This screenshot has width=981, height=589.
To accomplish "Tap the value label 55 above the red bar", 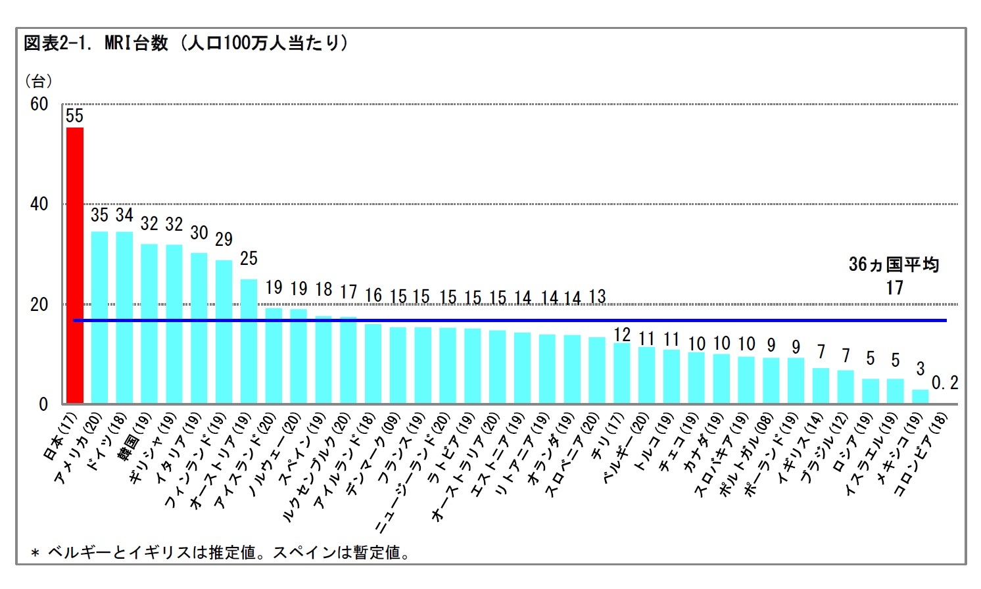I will click(75, 116).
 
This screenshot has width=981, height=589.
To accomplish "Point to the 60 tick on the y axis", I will click(39, 105).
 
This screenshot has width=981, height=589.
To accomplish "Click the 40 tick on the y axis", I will click(39, 204).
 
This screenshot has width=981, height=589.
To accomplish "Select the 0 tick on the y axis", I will click(43, 404).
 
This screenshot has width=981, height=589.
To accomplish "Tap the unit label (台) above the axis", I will click(38, 81).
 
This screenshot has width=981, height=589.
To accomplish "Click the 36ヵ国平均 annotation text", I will click(894, 265).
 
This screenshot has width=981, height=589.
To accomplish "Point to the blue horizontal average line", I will click(526, 320).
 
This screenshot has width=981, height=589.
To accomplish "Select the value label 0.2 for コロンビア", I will click(945, 383).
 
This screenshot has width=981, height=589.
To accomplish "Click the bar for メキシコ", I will click(920, 396).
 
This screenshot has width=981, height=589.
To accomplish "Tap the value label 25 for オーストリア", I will click(249, 258).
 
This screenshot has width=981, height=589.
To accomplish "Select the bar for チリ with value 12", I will click(621, 373).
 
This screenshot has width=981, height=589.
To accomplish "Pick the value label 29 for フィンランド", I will click(224, 239).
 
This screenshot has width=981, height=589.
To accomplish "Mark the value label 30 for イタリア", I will click(199, 233).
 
